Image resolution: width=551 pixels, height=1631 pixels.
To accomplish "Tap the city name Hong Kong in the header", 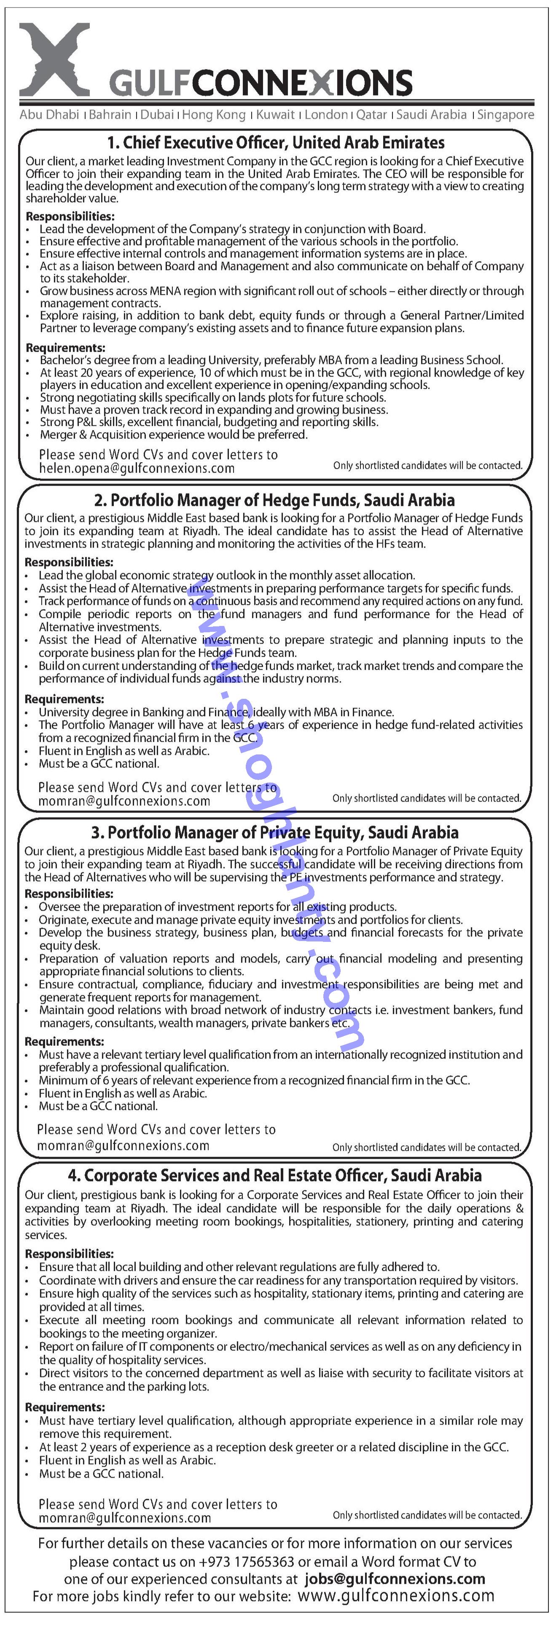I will pyautogui.click(x=213, y=115).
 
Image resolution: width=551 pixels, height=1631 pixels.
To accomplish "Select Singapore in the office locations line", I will pyautogui.click(x=505, y=115).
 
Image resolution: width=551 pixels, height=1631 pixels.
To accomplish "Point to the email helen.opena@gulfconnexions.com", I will pyautogui.click(x=137, y=468).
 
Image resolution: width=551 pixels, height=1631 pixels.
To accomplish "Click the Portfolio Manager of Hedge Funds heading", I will pyautogui.click(x=274, y=500).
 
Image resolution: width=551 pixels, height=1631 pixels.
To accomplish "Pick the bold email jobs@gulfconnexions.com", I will pyautogui.click(x=395, y=1579).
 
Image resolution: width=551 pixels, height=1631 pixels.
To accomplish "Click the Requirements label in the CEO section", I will pyautogui.click(x=65, y=348).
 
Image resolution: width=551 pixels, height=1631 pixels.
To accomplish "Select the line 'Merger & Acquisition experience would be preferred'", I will pyautogui.click(x=174, y=434).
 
